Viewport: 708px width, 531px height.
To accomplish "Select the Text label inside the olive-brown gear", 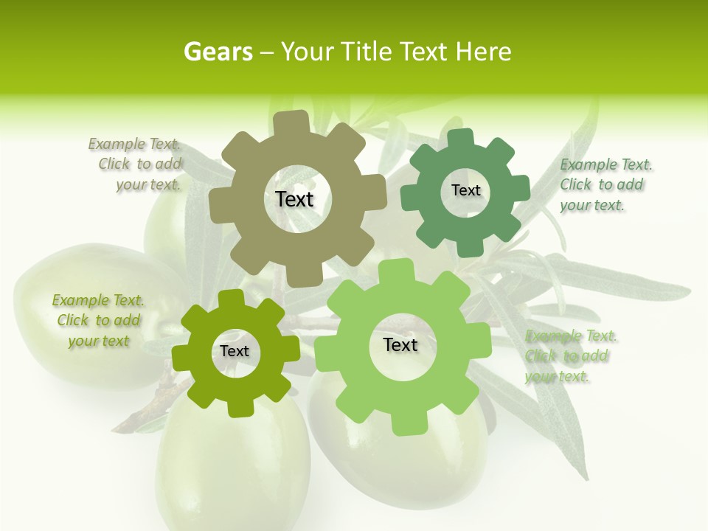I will pyautogui.click(x=294, y=199).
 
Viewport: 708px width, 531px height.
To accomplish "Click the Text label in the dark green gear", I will pyautogui.click(x=465, y=190).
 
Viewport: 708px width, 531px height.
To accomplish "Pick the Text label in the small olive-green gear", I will pyautogui.click(x=235, y=351).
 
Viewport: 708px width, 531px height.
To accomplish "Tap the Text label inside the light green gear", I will pyautogui.click(x=400, y=344).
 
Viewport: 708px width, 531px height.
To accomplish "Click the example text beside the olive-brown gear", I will pyautogui.click(x=136, y=164).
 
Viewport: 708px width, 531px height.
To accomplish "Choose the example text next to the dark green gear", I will pyautogui.click(x=605, y=184).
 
